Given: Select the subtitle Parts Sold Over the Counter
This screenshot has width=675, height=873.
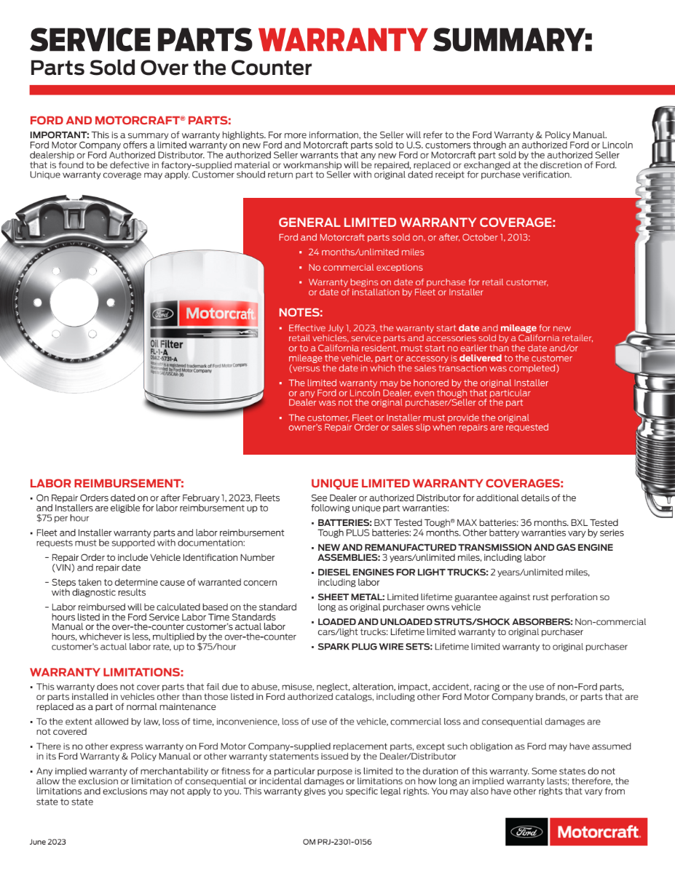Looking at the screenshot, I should point(170,69).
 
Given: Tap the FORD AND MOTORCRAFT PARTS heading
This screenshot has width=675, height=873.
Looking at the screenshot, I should point(130,121).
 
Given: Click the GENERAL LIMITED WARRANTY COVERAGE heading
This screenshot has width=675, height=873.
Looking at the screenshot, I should point(417,223).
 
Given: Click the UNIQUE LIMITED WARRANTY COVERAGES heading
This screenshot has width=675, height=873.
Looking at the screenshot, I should point(437,483).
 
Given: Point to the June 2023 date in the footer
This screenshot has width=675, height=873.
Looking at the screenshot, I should point(48,842).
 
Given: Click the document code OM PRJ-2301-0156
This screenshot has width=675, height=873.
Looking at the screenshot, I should point(336,842).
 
